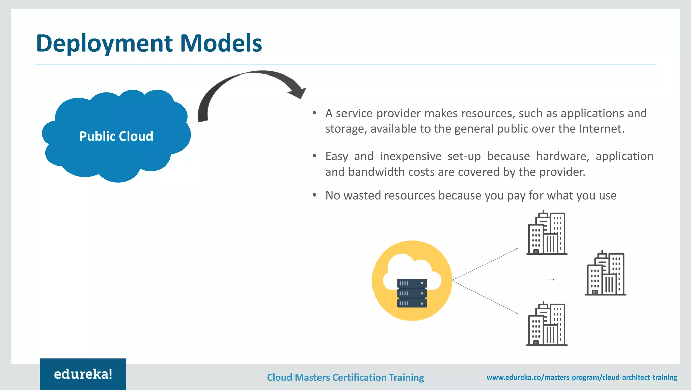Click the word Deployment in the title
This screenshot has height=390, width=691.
coord(105,44)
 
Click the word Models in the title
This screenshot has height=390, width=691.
coord(221,43)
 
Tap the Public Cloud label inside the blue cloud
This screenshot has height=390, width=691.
coord(116,136)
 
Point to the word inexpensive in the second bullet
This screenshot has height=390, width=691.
coord(410,156)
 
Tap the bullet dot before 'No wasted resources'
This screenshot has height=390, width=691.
coord(314,195)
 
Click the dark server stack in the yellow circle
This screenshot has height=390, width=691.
coord(412,293)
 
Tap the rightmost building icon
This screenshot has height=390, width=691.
coord(605,274)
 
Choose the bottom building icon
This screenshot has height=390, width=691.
coord(547,324)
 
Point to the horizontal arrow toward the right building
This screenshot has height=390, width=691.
coord(503,280)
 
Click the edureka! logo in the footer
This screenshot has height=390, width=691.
coord(83,374)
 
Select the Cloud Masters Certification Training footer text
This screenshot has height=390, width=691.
coord(345,377)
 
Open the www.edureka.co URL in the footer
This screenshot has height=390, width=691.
coord(581,377)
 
